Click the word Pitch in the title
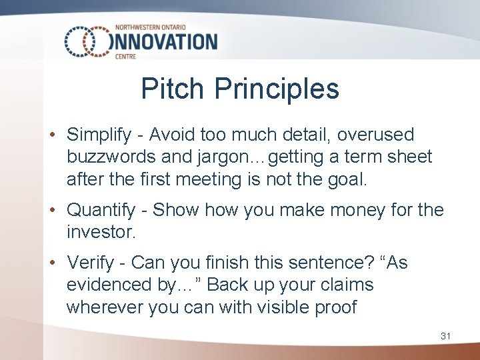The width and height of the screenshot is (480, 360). (171, 89)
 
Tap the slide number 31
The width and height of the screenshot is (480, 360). (445, 336)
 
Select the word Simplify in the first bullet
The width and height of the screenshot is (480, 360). (99, 135)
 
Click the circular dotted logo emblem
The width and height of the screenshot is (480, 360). (87, 41)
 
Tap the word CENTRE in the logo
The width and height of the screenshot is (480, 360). (125, 57)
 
